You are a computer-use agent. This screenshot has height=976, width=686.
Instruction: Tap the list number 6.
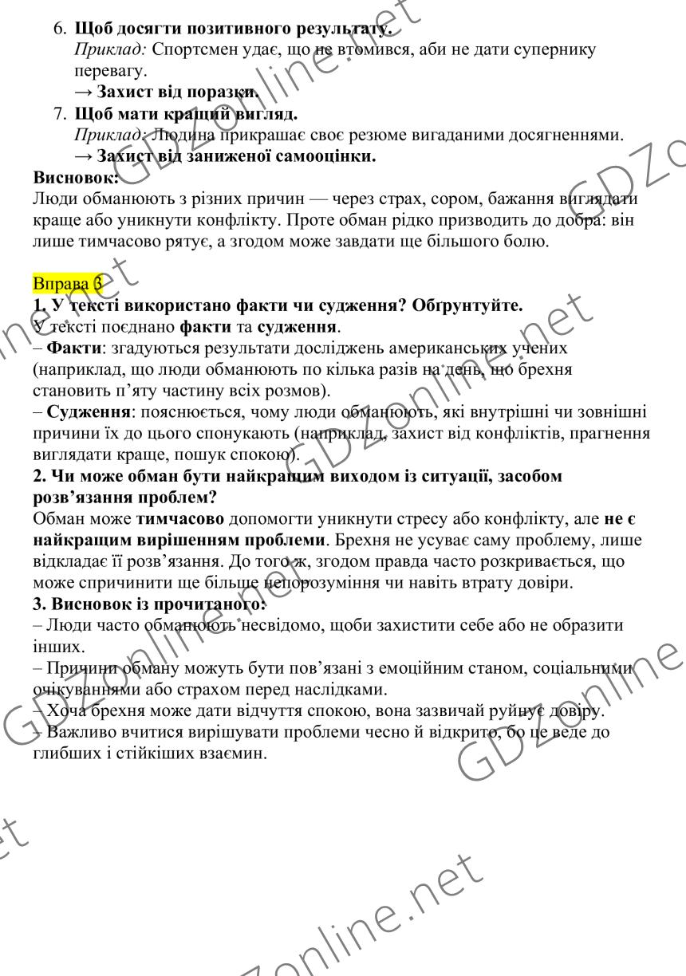[x=60, y=29]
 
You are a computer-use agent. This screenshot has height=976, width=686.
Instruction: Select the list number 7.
[x=60, y=113]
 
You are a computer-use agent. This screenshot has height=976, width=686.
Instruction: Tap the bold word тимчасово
[x=180, y=518]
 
